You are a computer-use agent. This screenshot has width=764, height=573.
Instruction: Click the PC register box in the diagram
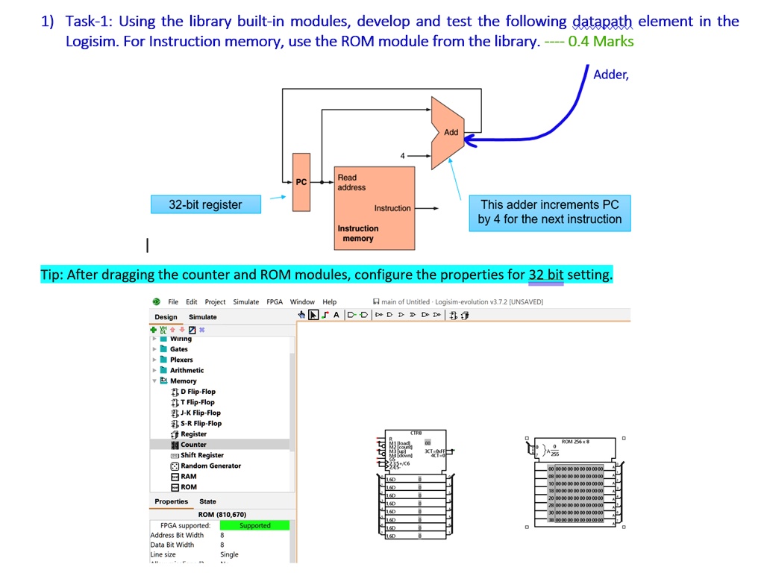[301, 181]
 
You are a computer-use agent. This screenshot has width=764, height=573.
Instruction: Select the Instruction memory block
[374, 208]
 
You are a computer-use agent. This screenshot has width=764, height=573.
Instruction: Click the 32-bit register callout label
[205, 204]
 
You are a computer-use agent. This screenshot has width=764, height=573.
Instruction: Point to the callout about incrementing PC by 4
[550, 212]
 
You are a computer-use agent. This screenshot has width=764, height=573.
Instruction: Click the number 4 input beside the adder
[402, 156]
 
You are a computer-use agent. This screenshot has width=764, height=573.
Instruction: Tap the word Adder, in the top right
[611, 75]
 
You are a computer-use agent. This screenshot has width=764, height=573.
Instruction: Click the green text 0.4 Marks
[601, 41]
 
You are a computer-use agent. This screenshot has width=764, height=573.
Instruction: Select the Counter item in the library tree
[193, 445]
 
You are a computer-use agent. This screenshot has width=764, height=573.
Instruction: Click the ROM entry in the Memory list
[189, 487]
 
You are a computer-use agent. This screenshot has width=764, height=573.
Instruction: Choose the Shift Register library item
[201, 455]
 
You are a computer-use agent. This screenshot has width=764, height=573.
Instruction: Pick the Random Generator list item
[210, 466]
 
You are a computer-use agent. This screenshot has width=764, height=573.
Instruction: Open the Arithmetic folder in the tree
[187, 370]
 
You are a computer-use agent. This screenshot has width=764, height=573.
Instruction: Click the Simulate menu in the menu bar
[245, 302]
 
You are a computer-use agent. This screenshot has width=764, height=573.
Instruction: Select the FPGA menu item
[275, 302]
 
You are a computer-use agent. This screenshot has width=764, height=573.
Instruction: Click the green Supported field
[254, 526]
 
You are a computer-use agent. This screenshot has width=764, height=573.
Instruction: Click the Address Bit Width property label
[177, 535]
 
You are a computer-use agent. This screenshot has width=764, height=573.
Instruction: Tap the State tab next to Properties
[207, 501]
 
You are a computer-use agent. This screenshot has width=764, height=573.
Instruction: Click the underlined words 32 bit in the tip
[546, 275]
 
